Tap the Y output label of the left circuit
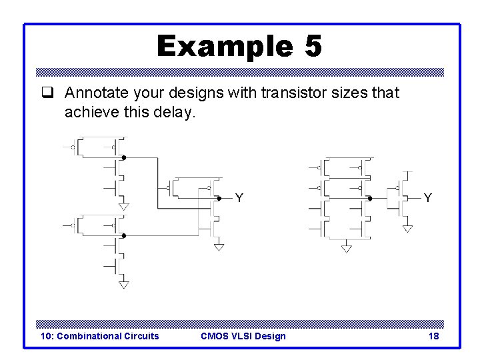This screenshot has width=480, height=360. [x=239, y=197]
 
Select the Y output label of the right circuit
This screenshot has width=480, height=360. [x=427, y=197]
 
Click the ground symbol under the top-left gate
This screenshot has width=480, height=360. [x=123, y=205]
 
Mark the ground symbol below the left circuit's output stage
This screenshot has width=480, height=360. [x=219, y=246]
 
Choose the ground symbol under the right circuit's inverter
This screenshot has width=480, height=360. [x=408, y=228]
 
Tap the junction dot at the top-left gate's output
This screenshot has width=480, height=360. [x=124, y=158]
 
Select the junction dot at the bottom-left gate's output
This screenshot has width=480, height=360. [x=124, y=236]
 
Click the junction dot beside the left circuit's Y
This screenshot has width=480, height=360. [x=219, y=198]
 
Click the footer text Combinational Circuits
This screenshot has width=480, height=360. [x=100, y=336]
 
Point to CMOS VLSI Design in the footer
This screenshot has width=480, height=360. [x=243, y=336]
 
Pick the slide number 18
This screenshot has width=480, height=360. [x=433, y=336]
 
